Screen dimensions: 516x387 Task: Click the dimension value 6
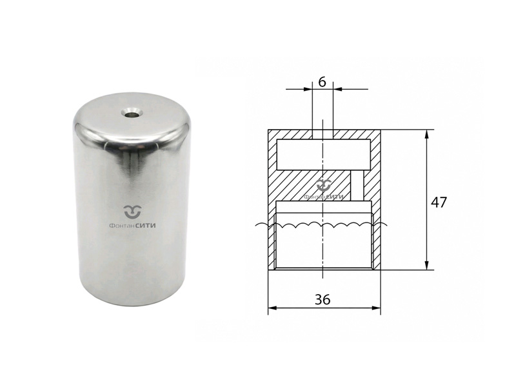click(x=322, y=82)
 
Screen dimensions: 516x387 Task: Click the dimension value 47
click(x=439, y=202)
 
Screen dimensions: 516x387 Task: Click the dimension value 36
click(x=322, y=299)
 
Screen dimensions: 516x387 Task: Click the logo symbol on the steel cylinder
click(x=132, y=212)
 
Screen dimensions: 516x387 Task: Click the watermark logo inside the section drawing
click(x=324, y=185)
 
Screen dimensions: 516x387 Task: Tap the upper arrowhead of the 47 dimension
click(x=427, y=134)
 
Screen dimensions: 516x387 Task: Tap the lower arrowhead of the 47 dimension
click(x=427, y=265)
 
